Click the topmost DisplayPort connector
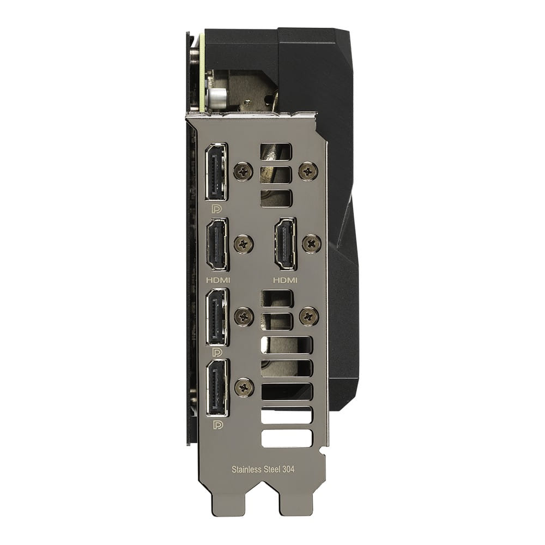point(216,172)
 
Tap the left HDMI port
point(217,244)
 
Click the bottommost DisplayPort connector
point(217,388)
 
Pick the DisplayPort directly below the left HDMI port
point(217,317)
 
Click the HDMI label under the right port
point(286,280)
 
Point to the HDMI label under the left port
point(219,280)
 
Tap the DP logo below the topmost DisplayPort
point(217,209)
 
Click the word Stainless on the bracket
point(246,469)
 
